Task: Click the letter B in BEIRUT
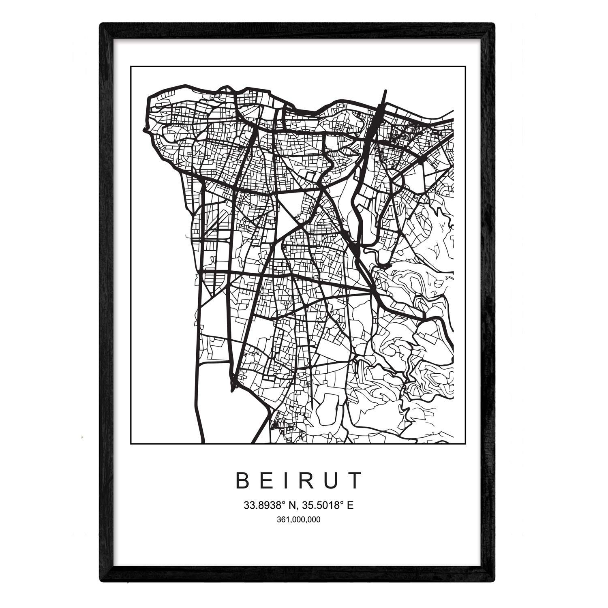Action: (x=242, y=481)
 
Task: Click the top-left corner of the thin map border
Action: (x=131, y=66)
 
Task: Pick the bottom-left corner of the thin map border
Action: (x=131, y=444)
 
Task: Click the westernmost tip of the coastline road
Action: (x=144, y=131)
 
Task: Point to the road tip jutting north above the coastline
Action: (x=385, y=91)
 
